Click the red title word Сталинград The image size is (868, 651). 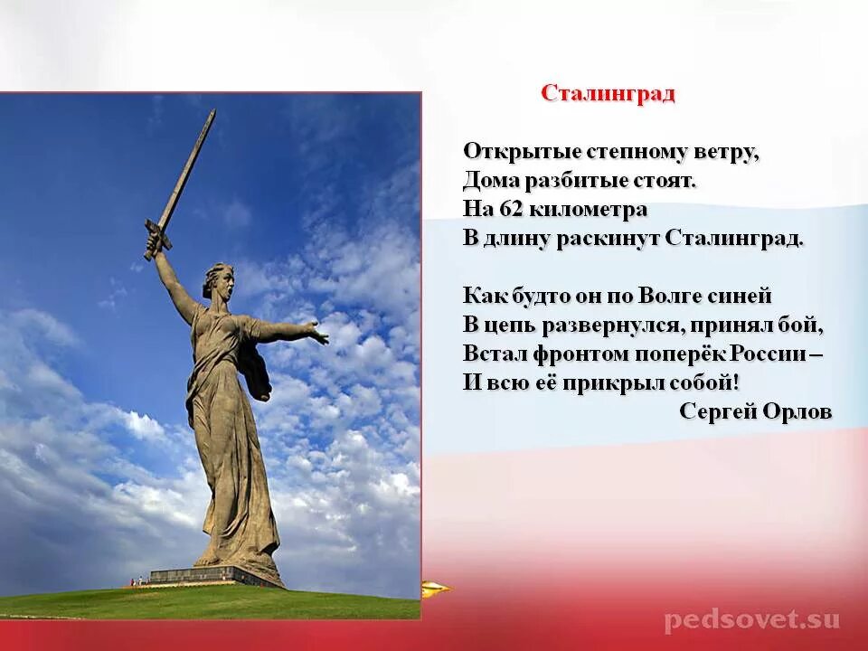click(608, 94)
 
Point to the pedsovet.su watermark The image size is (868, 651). click(752, 620)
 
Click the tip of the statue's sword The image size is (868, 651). click(213, 112)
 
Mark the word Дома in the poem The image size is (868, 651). click(489, 181)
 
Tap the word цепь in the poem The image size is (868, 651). click(510, 325)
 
